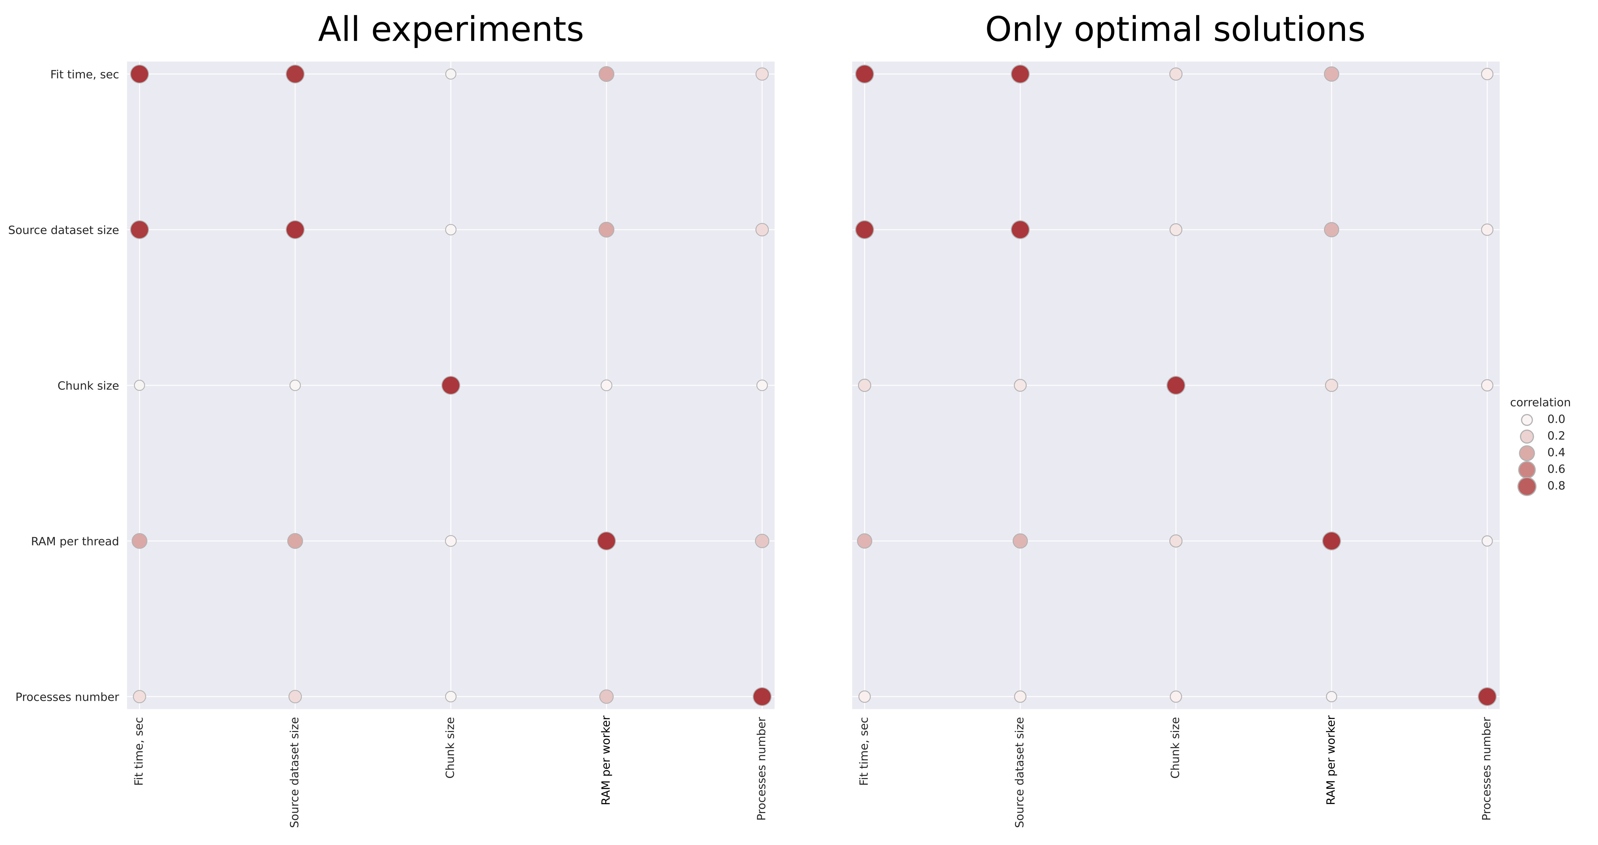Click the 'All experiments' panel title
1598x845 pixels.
pos(451,30)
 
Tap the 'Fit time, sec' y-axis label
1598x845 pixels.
pos(84,74)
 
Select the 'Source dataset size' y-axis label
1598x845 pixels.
pos(63,230)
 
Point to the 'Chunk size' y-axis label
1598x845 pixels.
pos(88,386)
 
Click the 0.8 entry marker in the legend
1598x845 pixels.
pos(1527,486)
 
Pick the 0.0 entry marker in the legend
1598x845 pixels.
pos(1527,420)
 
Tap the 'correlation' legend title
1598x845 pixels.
pos(1540,403)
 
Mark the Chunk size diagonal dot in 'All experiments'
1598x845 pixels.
pos(451,385)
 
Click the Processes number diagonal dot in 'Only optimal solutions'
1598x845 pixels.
pos(1486,697)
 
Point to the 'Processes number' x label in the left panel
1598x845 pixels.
pos(762,768)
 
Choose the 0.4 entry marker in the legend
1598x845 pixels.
pos(1527,453)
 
